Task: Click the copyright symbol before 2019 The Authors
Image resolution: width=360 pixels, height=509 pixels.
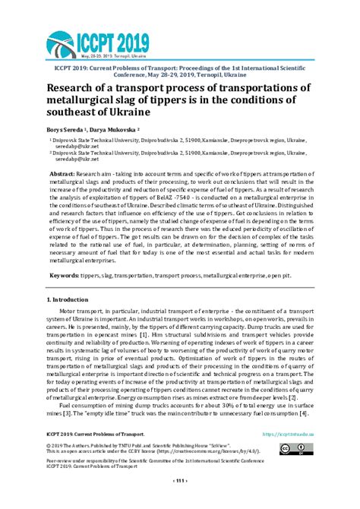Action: pos(49,444)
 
